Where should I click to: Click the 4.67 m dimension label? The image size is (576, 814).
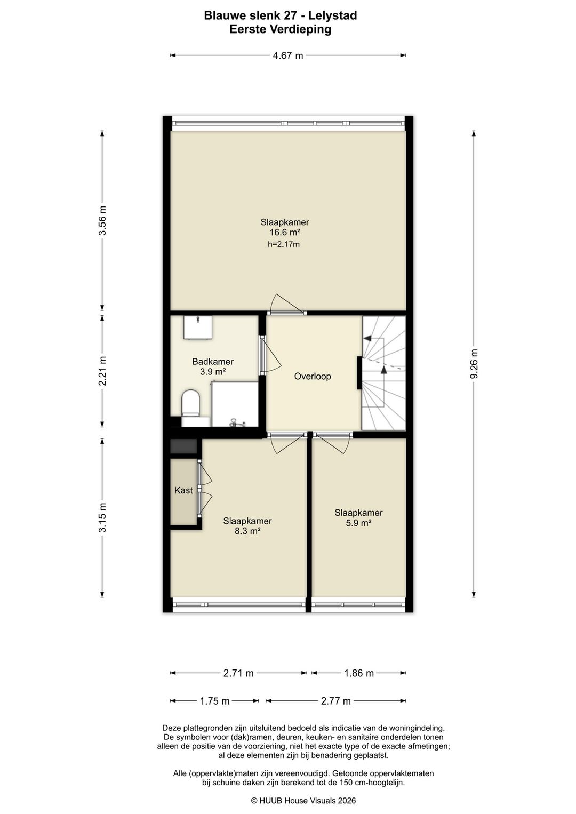(x=288, y=55)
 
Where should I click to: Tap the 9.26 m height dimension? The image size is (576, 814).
(x=474, y=364)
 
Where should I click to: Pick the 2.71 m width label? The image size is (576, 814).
(x=238, y=673)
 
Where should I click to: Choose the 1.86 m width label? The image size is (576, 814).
(x=359, y=673)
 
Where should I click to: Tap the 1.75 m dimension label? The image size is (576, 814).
(x=214, y=701)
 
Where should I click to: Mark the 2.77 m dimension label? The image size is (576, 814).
(x=335, y=701)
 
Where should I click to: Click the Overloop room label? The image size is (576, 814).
(x=313, y=376)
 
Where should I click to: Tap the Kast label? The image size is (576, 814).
(x=183, y=491)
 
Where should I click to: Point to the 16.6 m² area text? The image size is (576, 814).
(x=285, y=232)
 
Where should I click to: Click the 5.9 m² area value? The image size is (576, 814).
(x=358, y=523)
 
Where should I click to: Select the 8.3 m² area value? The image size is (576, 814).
(x=247, y=531)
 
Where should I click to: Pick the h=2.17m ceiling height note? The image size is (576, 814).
(x=284, y=244)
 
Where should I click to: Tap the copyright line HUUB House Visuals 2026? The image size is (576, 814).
(x=303, y=800)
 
